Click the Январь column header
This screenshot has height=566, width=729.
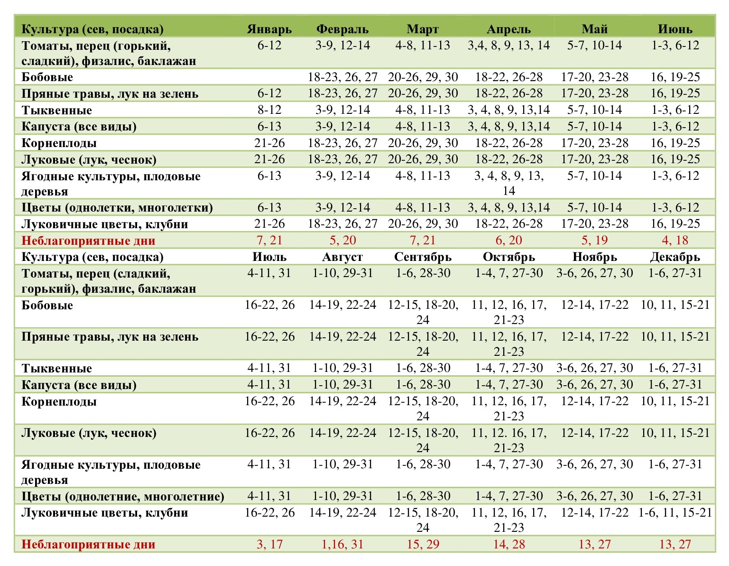pos(269,29)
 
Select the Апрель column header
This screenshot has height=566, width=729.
pos(508,29)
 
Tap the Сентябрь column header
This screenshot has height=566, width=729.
pos(423,257)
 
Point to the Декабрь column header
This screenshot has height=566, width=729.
pos(675,257)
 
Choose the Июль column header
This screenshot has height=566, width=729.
pos(269,257)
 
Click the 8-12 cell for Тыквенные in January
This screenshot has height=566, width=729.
pos(269,110)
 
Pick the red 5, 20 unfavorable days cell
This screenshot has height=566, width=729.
pos(342,240)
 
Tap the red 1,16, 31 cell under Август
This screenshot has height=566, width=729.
pos(342,544)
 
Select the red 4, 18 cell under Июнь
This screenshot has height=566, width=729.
pos(675,240)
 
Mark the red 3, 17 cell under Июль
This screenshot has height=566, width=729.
pos(269,544)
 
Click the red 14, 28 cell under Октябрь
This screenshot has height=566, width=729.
pos(509,544)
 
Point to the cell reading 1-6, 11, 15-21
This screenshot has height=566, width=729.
pos(675,513)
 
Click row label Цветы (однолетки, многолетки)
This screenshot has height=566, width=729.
pos(117,208)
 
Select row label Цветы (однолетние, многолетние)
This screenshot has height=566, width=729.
pos(123,497)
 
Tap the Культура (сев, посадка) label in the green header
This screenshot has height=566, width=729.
pos(92,29)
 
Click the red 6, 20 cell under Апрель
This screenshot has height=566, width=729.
pos(509,240)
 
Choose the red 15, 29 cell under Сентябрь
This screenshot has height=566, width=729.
pos(423,544)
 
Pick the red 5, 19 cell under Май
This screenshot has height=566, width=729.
pos(594,240)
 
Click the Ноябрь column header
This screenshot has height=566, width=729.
pos(594,257)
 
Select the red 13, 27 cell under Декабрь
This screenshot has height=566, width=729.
pos(675,544)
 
